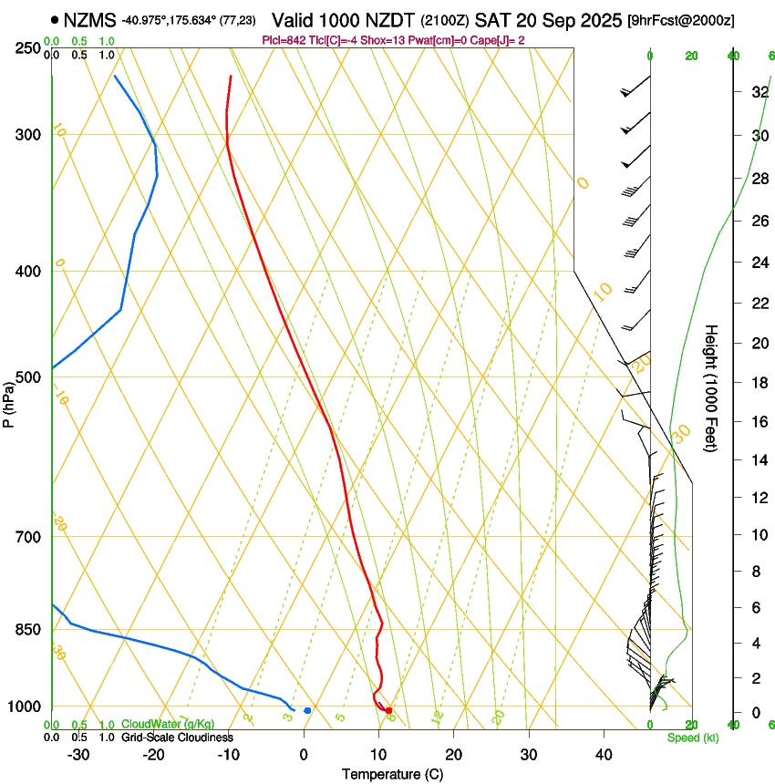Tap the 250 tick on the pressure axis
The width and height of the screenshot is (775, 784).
(x=27, y=47)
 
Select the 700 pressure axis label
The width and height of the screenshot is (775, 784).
(x=27, y=537)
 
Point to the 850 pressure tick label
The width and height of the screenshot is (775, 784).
(x=27, y=630)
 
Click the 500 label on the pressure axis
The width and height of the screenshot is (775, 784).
(x=27, y=377)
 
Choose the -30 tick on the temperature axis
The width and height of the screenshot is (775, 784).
(x=78, y=755)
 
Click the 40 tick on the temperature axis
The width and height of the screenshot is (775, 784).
(x=604, y=755)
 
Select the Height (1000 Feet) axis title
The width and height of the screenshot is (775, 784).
(x=711, y=387)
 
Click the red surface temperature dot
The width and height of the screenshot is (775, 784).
(x=388, y=710)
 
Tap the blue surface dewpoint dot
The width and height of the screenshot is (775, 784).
(x=307, y=710)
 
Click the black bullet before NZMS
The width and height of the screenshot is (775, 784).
(x=56, y=19)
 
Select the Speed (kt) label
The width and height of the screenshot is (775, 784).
(x=693, y=738)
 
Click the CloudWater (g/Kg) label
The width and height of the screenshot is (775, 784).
(x=168, y=725)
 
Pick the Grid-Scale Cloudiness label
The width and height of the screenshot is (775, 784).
(x=176, y=738)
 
